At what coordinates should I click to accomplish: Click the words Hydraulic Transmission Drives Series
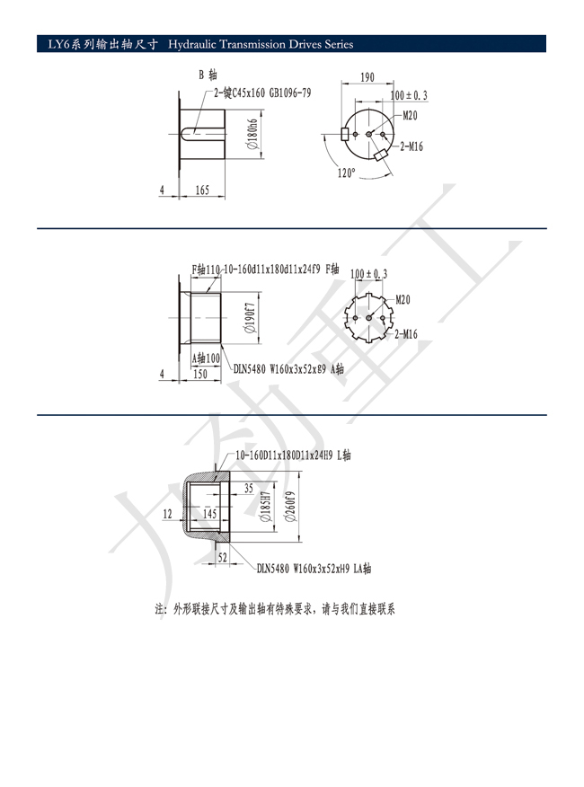point(261,44)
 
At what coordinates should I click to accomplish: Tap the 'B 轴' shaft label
point(208,75)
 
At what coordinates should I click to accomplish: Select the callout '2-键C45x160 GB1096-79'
point(262,93)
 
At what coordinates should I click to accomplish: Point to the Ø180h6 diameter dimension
point(252,134)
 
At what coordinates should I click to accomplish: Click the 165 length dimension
point(202,190)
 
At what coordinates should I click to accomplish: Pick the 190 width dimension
point(367,77)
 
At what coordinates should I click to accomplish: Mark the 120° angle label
point(346,173)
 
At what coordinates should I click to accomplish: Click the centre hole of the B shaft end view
point(368,134)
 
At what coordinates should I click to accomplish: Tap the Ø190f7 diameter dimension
point(251,318)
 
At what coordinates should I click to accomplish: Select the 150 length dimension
point(199,374)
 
